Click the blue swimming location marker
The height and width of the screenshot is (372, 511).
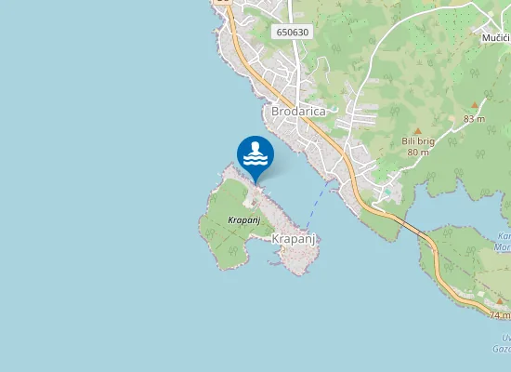point(255,154)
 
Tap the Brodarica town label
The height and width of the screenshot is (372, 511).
point(299,111)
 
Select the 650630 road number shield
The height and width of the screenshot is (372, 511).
point(293,32)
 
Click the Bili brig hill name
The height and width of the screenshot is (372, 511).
point(418,141)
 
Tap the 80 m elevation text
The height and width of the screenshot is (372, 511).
point(417,152)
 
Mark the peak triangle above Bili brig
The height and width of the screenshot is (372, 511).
point(418,130)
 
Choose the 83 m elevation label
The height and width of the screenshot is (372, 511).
point(474,118)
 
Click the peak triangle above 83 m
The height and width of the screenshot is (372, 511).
point(474,106)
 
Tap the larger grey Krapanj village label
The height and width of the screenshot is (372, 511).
point(295,239)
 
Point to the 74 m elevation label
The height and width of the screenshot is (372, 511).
point(500,315)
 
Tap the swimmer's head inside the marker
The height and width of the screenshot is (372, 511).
point(255,146)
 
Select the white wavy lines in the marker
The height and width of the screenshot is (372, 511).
point(255,160)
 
